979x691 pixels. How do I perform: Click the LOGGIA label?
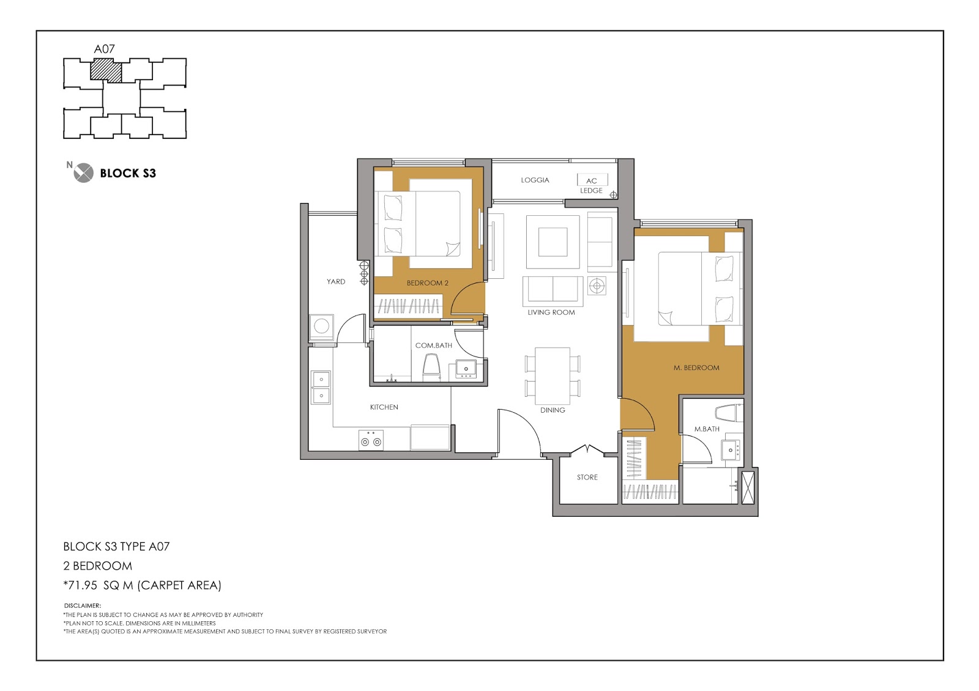(535, 180)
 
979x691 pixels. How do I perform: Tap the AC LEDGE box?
(592, 180)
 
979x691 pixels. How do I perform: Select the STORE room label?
(587, 478)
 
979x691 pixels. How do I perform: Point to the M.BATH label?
(707, 429)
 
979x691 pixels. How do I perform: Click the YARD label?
(336, 282)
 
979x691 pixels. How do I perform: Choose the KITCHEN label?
(384, 407)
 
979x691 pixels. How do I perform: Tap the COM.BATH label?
(434, 345)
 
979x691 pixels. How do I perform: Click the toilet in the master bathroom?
(729, 413)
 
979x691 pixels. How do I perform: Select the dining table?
(553, 376)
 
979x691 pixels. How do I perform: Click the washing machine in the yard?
(321, 328)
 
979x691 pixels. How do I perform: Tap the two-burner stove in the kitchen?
(371, 440)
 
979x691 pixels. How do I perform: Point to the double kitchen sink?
(321, 388)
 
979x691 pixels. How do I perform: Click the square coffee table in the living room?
(553, 242)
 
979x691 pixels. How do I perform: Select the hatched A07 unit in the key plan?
(106, 71)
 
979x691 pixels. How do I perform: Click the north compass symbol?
(83, 172)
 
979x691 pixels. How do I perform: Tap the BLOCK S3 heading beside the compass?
(128, 174)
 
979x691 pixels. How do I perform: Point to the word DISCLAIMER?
(83, 606)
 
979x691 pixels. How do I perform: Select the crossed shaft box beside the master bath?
(748, 487)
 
